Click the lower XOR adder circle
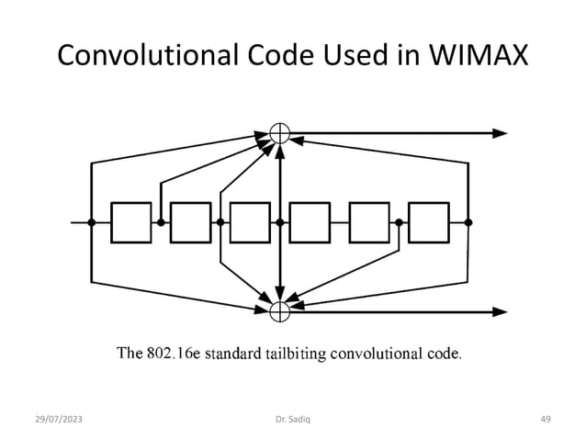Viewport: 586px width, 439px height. point(279,310)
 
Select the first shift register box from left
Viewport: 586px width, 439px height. point(130,222)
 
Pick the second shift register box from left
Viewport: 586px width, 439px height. point(190,222)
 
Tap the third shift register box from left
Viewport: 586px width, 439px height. point(250,222)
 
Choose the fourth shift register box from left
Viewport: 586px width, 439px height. point(310,222)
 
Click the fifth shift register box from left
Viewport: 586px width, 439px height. point(369,222)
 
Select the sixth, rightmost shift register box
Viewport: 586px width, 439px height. point(428,222)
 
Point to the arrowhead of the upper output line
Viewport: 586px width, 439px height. point(500,132)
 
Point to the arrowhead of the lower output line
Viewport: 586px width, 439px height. point(500,310)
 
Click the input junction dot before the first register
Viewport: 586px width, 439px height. point(92,222)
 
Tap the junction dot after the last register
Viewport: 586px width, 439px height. point(468,222)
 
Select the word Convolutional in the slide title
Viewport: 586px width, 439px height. point(146,56)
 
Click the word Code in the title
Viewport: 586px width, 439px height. point(276,56)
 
